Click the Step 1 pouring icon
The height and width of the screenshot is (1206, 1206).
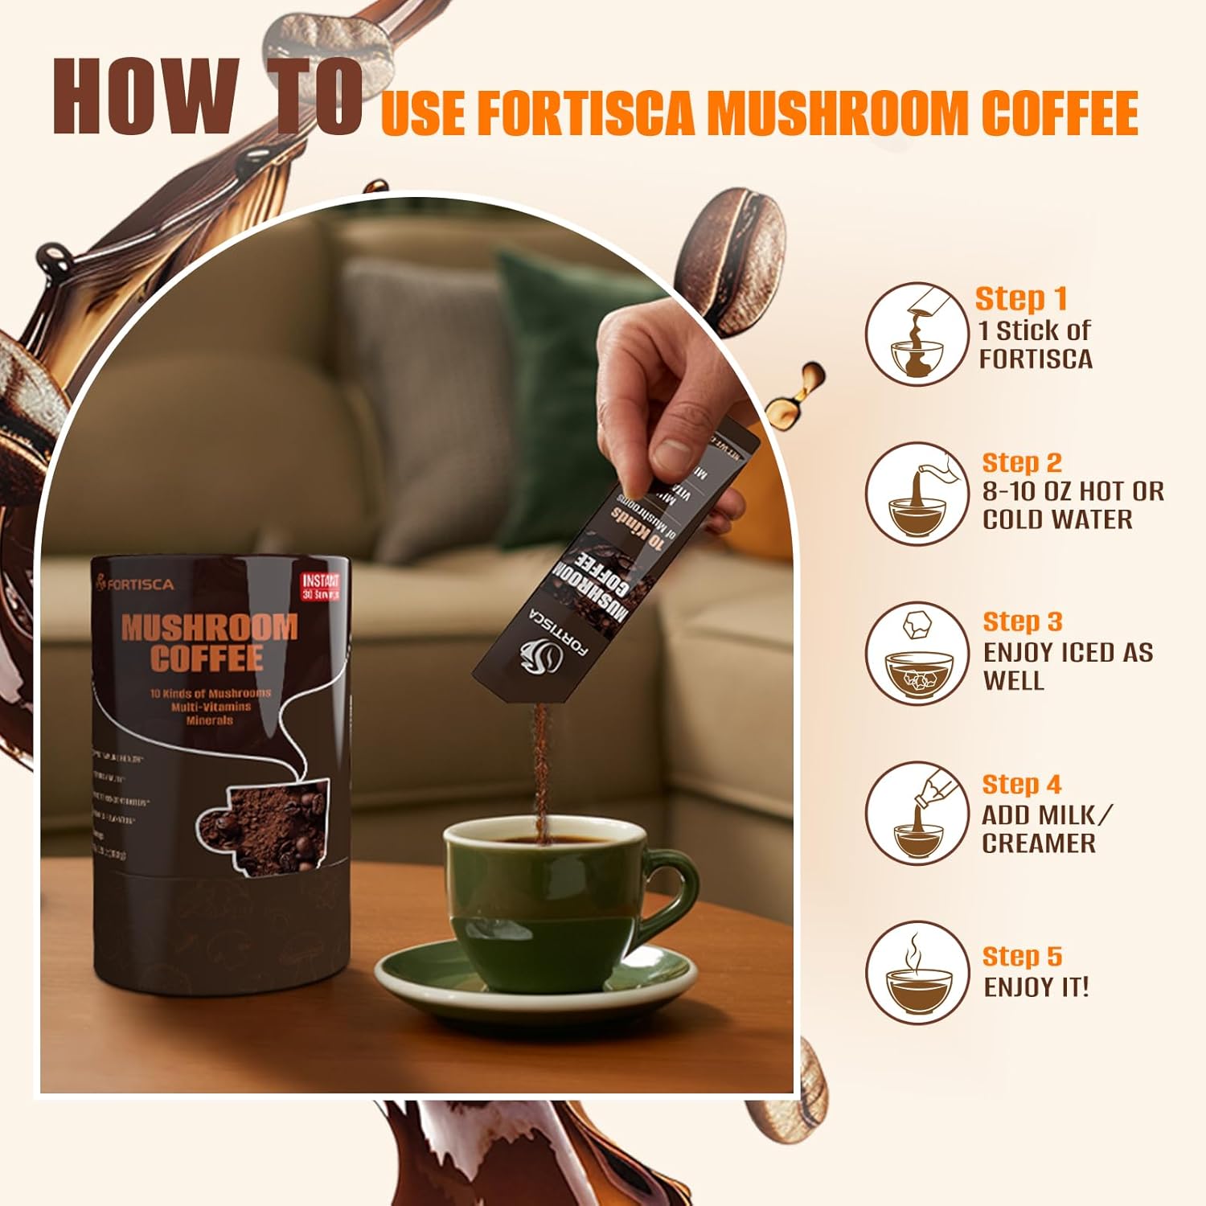click(917, 333)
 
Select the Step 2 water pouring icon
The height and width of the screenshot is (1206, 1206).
click(917, 494)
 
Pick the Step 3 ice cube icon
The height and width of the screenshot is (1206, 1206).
click(917, 653)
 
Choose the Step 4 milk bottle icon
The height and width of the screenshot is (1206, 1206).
click(917, 812)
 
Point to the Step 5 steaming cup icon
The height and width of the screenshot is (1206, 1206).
click(917, 972)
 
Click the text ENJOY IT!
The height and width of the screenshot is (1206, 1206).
click(1036, 987)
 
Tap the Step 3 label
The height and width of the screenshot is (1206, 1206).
click(1022, 621)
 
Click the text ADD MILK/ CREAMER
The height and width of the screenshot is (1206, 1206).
click(1045, 829)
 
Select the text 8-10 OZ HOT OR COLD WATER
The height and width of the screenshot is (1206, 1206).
click(1072, 505)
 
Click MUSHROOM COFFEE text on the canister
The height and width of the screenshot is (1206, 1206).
click(207, 642)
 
